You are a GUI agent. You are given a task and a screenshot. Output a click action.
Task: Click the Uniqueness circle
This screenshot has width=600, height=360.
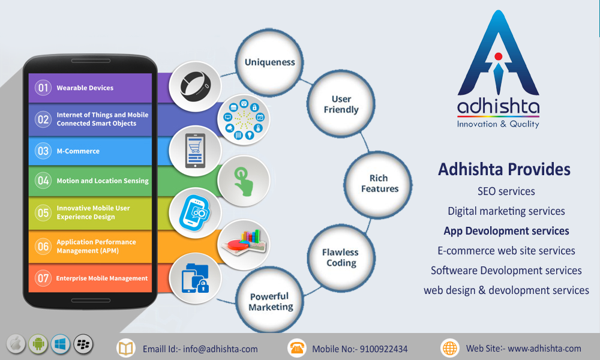point(269,63)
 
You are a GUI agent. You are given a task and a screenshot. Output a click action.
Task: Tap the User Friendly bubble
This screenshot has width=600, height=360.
point(341,104)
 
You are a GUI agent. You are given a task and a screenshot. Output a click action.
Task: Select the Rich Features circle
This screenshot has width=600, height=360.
point(378,184)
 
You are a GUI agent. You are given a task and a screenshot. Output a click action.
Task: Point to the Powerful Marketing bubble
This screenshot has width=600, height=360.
point(270,301)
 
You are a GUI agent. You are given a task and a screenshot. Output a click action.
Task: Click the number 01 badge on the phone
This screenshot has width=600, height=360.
point(43,88)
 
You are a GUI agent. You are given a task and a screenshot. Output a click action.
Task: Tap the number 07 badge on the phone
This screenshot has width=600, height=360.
point(43,278)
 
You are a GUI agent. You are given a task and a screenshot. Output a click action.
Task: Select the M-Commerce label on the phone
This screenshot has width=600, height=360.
point(78,151)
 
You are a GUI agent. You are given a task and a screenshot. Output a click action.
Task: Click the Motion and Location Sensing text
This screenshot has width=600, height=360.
point(103,181)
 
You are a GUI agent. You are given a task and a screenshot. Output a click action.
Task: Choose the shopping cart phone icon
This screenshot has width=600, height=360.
point(195,151)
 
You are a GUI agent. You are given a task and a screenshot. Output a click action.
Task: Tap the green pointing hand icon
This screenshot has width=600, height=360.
point(244,181)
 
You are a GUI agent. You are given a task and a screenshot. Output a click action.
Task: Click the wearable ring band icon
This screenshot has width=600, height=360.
point(195,86)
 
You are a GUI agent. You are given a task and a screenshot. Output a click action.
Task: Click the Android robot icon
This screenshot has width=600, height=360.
point(38,344)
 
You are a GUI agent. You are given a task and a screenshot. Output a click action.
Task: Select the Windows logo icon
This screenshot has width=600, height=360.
point(61,344)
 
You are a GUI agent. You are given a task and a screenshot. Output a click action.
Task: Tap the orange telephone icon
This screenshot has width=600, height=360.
point(296,348)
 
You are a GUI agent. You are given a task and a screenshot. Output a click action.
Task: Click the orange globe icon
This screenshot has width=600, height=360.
point(450,348)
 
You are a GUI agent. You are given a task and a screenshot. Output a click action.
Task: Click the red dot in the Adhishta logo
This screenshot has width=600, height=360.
point(498,56)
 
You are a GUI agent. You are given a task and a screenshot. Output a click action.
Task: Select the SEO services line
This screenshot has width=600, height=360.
point(506,191)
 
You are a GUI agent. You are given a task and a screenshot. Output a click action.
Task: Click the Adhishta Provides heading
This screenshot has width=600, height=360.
point(505,169)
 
